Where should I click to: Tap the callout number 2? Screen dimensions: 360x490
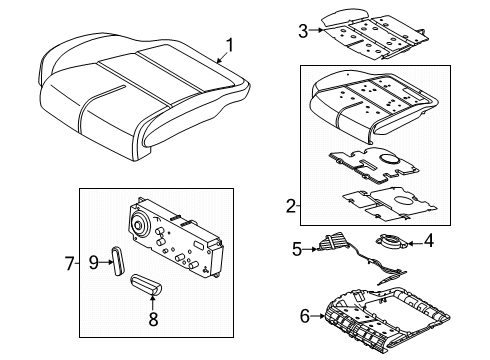pyautogui.click(x=290, y=206)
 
